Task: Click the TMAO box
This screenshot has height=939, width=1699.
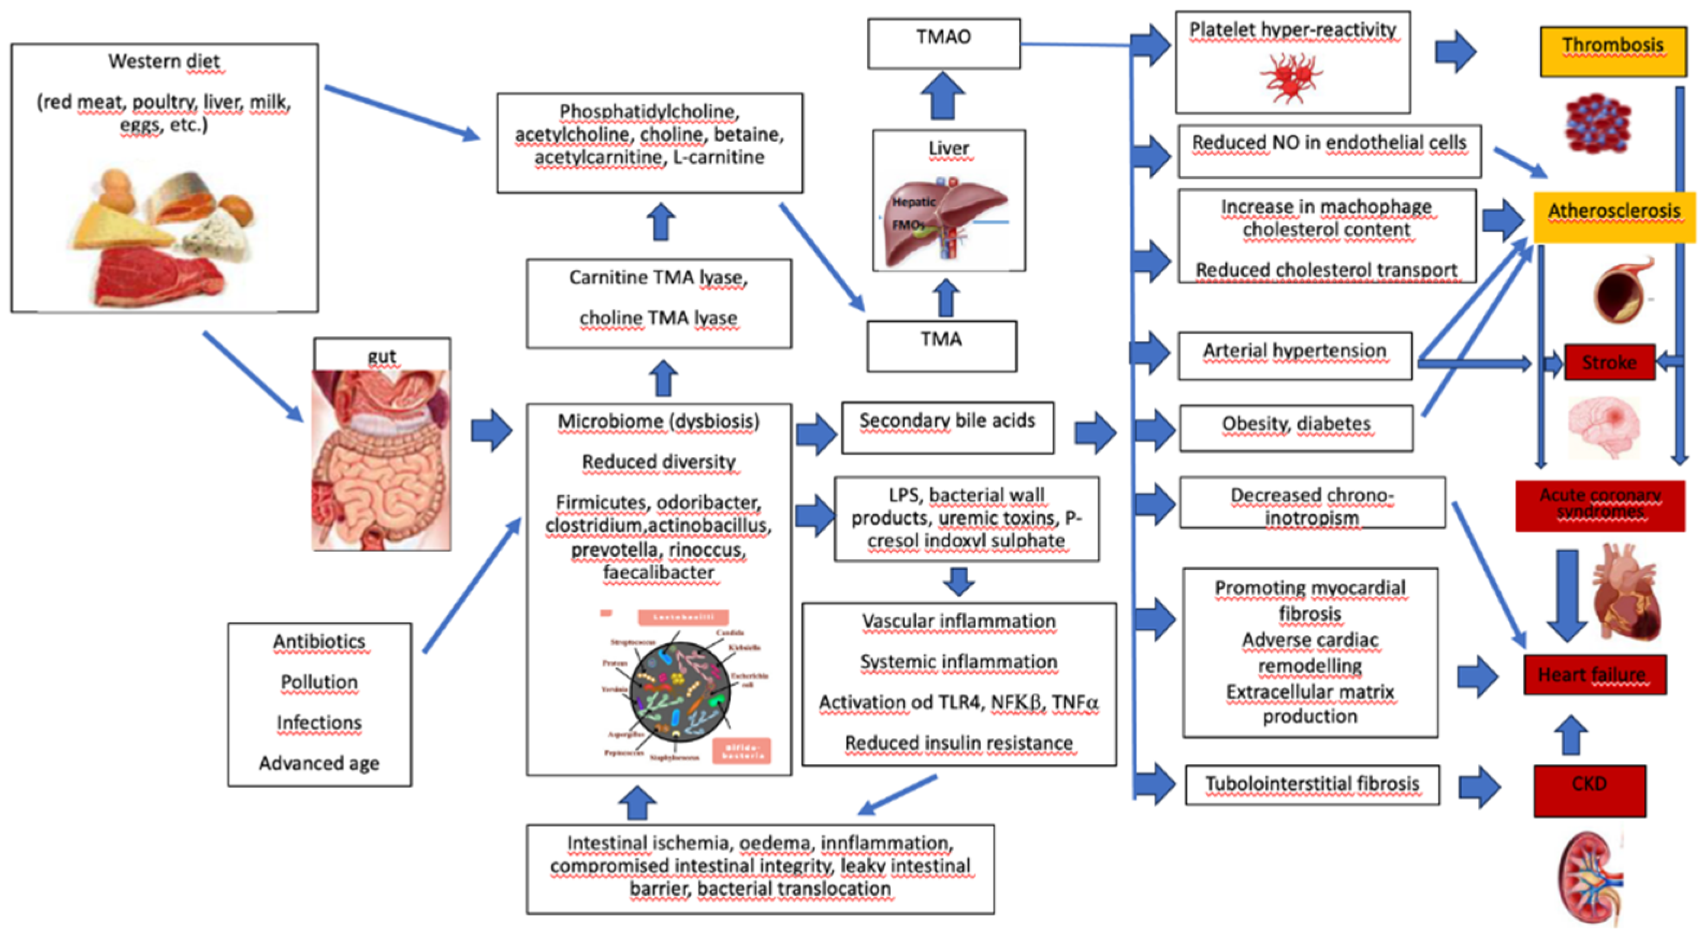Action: coord(944,43)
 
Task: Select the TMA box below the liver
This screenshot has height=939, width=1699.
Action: coord(941,346)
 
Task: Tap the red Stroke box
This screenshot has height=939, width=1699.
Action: coord(1608,362)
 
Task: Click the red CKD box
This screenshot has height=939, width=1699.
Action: coord(1589,790)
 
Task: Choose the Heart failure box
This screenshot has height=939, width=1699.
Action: coord(1594,674)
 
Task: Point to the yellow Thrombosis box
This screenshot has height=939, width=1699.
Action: coord(1613,51)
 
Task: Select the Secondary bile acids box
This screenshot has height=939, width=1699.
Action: coord(947,427)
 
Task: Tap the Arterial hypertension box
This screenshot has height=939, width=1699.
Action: coord(1295,356)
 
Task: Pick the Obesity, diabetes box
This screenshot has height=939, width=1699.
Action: coord(1296,428)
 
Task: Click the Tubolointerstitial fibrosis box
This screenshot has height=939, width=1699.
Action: coord(1312,785)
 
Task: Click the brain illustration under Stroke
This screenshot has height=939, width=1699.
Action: coord(1603,425)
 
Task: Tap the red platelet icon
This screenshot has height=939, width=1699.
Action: coord(1290,76)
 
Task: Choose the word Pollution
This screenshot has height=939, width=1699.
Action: coord(319,682)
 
